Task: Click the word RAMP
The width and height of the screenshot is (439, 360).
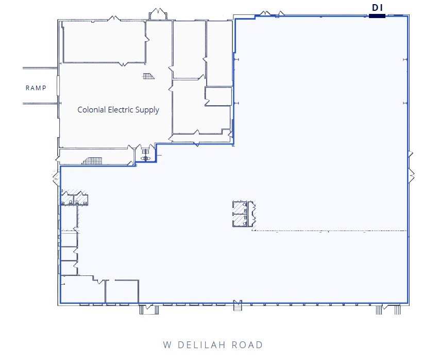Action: pyautogui.click(x=36, y=88)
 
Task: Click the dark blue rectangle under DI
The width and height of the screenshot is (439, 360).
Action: pyautogui.click(x=377, y=16)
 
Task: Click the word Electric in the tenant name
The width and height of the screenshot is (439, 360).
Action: pyautogui.click(x=122, y=109)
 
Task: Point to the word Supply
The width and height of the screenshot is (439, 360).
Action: pyautogui.click(x=148, y=110)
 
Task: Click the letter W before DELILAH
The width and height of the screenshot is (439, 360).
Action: pyautogui.click(x=167, y=345)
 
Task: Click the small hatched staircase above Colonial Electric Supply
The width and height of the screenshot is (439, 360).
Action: pyautogui.click(x=148, y=77)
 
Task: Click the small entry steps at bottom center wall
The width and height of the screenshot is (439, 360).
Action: pyautogui.click(x=238, y=306)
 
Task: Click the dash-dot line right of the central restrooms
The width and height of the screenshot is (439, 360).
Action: pyautogui.click(x=330, y=231)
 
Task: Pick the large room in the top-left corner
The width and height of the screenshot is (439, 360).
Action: pyautogui.click(x=104, y=41)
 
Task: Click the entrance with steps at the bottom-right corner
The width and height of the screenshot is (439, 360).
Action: pyautogui.click(x=388, y=309)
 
